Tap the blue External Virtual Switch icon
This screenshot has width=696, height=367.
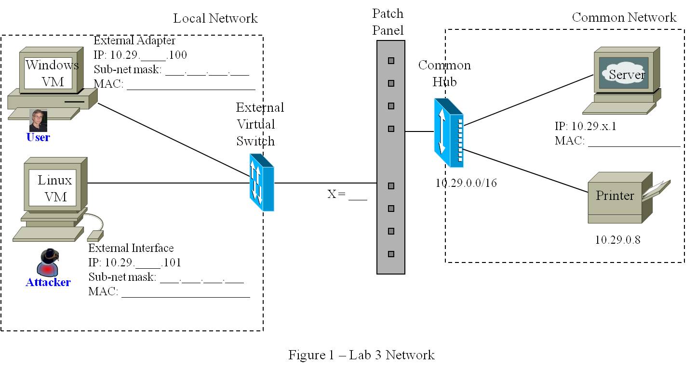pos(262,183)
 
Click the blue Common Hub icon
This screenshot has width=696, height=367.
pos(448,132)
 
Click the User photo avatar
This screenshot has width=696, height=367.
pos(38,120)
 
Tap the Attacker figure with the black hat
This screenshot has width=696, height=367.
pos(48,262)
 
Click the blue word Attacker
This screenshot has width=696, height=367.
pos(48,283)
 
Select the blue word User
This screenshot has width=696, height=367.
pos(38,138)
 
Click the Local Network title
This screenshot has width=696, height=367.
pos(215,19)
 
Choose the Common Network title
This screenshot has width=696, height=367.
pos(624,18)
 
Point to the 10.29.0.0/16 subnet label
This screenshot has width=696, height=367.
pos(466,183)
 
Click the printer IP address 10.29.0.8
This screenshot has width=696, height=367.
pos(617,240)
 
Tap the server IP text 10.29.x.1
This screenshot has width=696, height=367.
pos(585,127)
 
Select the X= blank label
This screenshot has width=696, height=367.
pos(347,194)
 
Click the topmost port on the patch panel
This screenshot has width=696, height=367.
pos(391,61)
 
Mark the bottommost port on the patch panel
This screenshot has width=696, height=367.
pos(391,254)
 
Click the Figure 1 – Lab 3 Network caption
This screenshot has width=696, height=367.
pos(361,355)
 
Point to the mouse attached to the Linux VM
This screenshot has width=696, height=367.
pos(95,236)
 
